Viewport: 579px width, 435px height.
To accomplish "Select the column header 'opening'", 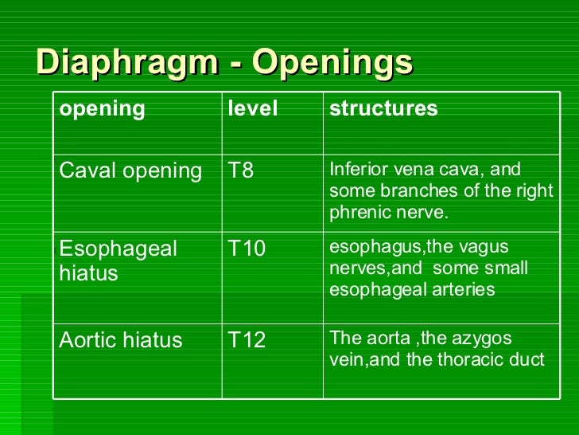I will [x=103, y=109].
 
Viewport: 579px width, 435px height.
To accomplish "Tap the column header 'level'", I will [x=253, y=109].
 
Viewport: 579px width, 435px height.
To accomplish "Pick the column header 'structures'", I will [x=383, y=109].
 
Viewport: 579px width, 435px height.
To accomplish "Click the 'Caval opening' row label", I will [x=131, y=170].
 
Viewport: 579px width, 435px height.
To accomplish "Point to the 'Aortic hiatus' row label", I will [x=121, y=341].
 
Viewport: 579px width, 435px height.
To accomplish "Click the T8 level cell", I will [x=241, y=170].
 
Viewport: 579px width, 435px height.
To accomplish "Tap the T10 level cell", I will [x=247, y=249].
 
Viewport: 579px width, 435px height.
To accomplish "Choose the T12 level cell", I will [x=247, y=341].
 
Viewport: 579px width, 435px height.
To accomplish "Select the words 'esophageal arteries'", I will [x=412, y=289].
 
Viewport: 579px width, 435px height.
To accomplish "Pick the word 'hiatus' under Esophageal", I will [x=88, y=274].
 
